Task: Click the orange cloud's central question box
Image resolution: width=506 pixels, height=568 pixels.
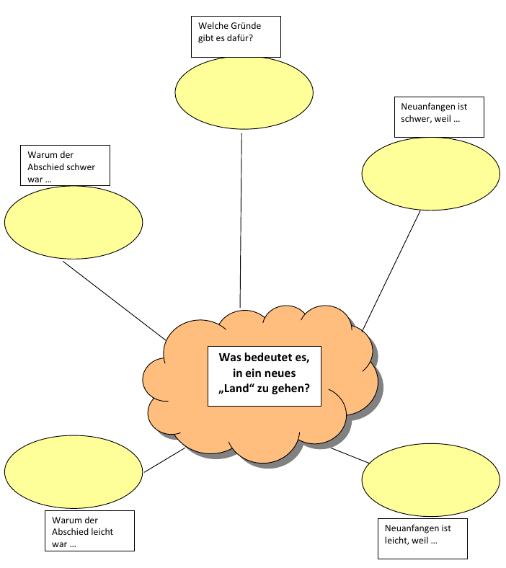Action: pyautogui.click(x=264, y=375)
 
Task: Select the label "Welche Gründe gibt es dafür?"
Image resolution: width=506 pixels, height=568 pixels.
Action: pyautogui.click(x=234, y=37)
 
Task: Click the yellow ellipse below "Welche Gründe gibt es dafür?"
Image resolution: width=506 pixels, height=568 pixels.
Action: pyautogui.click(x=244, y=92)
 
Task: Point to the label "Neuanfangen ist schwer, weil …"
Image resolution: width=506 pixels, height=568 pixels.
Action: pyautogui.click(x=439, y=116)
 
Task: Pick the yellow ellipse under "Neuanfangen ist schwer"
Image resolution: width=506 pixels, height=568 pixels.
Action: pyautogui.click(x=430, y=172)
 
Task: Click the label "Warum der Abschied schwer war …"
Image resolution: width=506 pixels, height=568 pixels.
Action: pyautogui.click(x=64, y=167)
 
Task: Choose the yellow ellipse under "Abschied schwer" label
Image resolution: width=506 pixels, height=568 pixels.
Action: pyautogui.click(x=74, y=221)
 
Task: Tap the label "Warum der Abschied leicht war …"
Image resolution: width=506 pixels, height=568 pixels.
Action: pyautogui.click(x=89, y=532)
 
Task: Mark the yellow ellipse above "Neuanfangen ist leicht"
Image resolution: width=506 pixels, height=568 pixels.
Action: pyautogui.click(x=430, y=479)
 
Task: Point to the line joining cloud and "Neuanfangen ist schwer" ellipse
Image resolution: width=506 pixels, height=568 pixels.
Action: pyautogui.click(x=391, y=270)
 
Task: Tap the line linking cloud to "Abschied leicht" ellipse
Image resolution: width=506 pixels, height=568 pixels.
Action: pyautogui.click(x=164, y=461)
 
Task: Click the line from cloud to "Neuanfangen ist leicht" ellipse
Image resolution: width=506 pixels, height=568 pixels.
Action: pyautogui.click(x=350, y=456)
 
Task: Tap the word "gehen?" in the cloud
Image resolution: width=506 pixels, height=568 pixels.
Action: pyautogui.click(x=293, y=389)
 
